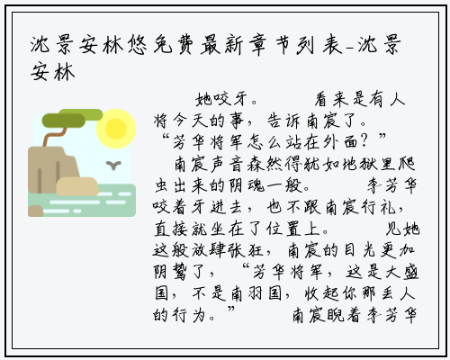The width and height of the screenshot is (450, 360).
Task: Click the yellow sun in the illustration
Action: point(116,129)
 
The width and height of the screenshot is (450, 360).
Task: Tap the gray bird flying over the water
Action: point(113,165)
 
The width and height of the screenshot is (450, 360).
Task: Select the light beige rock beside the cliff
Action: point(77,186)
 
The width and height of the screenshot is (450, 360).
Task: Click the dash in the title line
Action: point(350,48)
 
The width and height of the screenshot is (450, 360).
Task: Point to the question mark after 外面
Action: point(364,141)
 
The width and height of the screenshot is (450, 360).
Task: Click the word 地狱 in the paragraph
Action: point(361,164)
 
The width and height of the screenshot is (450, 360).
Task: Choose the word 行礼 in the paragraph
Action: point(379,207)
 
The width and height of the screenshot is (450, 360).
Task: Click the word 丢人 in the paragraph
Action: point(399,293)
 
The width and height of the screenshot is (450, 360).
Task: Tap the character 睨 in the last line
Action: point(335,315)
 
